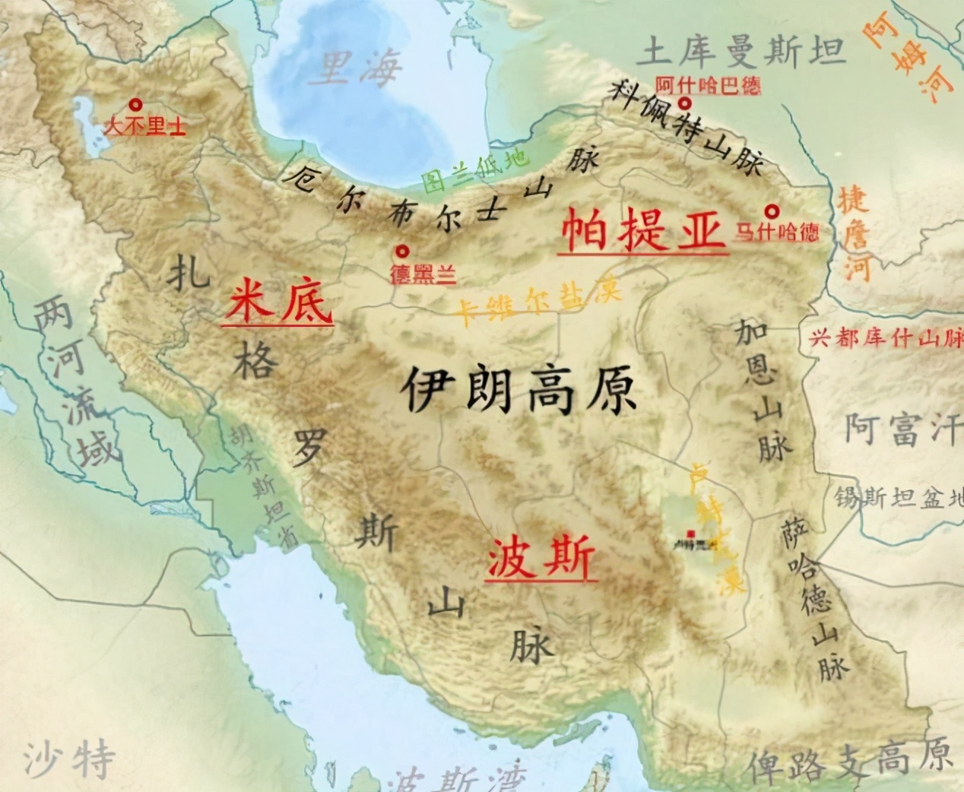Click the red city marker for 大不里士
pyautogui.click(x=136, y=105)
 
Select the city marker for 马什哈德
pyautogui.click(x=772, y=211)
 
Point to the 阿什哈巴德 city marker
pyautogui.click(x=685, y=103)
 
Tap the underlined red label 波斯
pyautogui.click(x=540, y=561)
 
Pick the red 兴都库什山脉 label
pyautogui.click(x=886, y=338)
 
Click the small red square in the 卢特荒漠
pyautogui.click(x=690, y=534)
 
